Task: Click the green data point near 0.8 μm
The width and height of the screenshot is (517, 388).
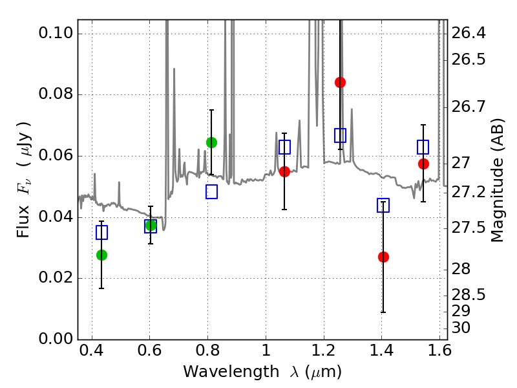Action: pyautogui.click(x=211, y=142)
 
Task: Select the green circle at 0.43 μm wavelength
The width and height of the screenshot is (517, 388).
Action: pyautogui.click(x=101, y=255)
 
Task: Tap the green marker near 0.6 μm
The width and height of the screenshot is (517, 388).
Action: pyautogui.click(x=151, y=225)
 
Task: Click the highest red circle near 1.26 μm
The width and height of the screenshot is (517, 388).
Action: pyautogui.click(x=340, y=82)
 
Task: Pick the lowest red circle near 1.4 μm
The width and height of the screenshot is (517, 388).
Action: pyautogui.click(x=383, y=257)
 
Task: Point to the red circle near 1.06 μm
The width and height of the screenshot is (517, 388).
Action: pyautogui.click(x=284, y=171)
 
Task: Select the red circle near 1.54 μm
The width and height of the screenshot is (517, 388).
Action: pyautogui.click(x=423, y=164)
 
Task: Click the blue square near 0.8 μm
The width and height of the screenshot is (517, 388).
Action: pyautogui.click(x=211, y=191)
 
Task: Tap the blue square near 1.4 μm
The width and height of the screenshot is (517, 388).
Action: pyautogui.click(x=383, y=206)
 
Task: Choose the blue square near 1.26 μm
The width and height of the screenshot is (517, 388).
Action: pyautogui.click(x=340, y=135)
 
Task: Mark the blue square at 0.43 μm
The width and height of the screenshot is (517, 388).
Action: pyautogui.click(x=101, y=233)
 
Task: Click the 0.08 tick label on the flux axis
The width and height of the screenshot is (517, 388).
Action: pyautogui.click(x=56, y=95)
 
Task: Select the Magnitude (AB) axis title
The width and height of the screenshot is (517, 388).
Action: pyautogui.click(x=497, y=184)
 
